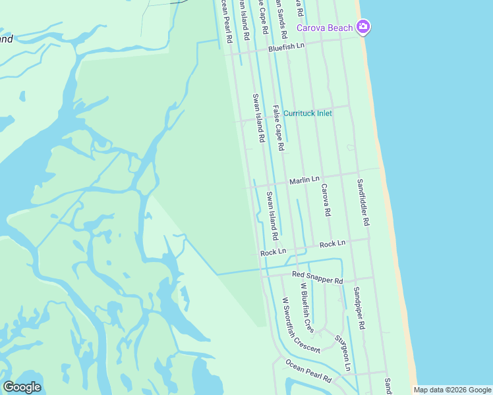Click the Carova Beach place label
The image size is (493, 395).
click(324, 28)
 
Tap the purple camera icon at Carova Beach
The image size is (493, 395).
click(362, 27)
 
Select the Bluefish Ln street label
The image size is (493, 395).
click(286, 47)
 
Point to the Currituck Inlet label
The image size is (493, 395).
click(307, 113)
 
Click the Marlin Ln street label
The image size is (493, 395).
click(304, 179)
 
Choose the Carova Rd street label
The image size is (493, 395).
click(326, 200)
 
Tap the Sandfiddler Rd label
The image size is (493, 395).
click(363, 202)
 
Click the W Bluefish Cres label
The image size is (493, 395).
click(306, 307)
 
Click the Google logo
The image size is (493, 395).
click(22, 387)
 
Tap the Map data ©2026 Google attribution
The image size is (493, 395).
click(451, 390)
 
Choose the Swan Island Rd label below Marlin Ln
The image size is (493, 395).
click(271, 215)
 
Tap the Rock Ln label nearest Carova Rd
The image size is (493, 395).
click(332, 244)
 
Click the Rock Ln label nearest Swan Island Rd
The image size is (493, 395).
click(273, 252)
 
